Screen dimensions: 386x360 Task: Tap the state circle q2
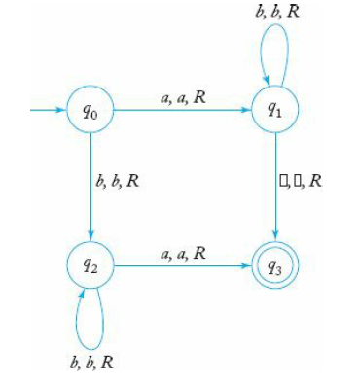(x=90, y=264)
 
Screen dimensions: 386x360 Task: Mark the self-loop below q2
(x=90, y=326)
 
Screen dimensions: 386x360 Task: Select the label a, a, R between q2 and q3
(x=184, y=252)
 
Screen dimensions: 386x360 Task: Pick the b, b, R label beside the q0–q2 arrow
(x=118, y=182)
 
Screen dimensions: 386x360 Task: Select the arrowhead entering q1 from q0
(x=246, y=109)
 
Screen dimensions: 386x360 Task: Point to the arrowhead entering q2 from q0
(x=90, y=235)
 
